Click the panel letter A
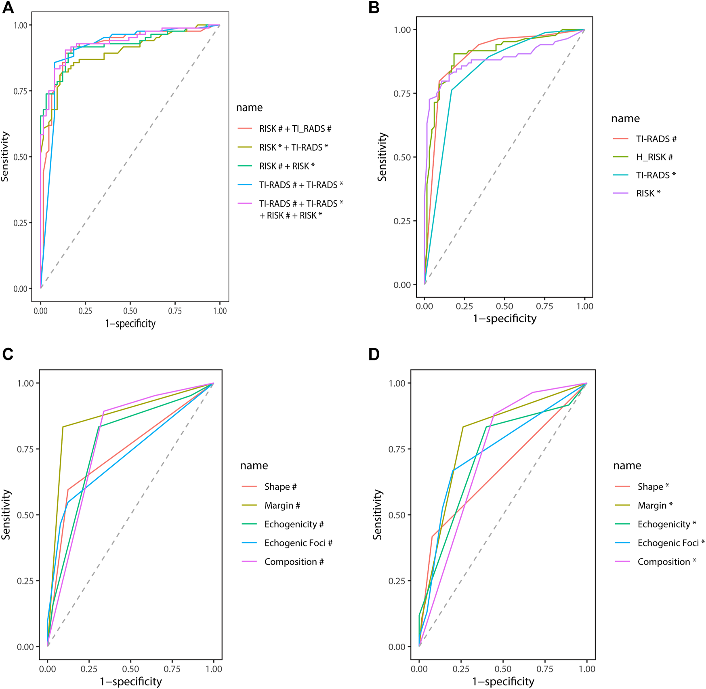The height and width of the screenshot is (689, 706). coord(8,8)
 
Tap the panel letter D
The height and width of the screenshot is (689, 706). coord(374,354)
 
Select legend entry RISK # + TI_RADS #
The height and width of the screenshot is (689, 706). coord(295,129)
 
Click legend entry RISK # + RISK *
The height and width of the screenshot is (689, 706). coord(287,166)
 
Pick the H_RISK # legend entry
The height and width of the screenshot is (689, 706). coord(654,157)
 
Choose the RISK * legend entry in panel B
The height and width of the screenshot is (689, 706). coord(648,193)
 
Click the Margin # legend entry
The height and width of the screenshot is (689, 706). coord(282,506)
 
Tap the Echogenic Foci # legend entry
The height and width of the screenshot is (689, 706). coord(298,543)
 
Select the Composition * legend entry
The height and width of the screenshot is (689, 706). coord(667,562)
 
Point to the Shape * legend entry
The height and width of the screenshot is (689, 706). coord(653,487)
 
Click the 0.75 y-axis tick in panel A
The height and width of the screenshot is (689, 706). coord(20,91)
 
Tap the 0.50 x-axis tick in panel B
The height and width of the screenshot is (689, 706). coord(504,306)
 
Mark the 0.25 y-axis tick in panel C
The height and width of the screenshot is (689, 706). coord(25,581)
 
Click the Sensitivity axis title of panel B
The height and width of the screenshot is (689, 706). coord(382,157)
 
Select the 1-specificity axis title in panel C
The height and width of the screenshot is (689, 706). coord(131,682)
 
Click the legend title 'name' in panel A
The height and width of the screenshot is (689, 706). coord(249,107)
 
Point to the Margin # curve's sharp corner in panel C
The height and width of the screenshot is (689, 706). coord(63,427)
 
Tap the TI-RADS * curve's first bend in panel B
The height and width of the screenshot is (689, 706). coord(451,90)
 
